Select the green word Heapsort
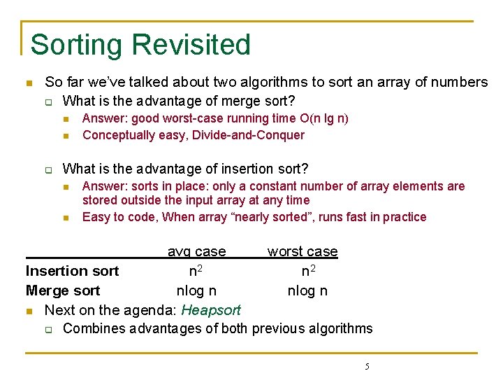(x=211, y=310)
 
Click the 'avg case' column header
(x=196, y=251)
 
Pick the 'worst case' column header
(x=302, y=251)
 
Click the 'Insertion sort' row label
(x=72, y=271)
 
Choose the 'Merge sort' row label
(x=63, y=290)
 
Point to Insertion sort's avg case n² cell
(x=196, y=271)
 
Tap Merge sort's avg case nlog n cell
(x=196, y=290)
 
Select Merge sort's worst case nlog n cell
(x=308, y=290)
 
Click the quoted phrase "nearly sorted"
(x=273, y=217)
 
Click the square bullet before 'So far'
(x=29, y=83)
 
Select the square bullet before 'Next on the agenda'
(x=29, y=311)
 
